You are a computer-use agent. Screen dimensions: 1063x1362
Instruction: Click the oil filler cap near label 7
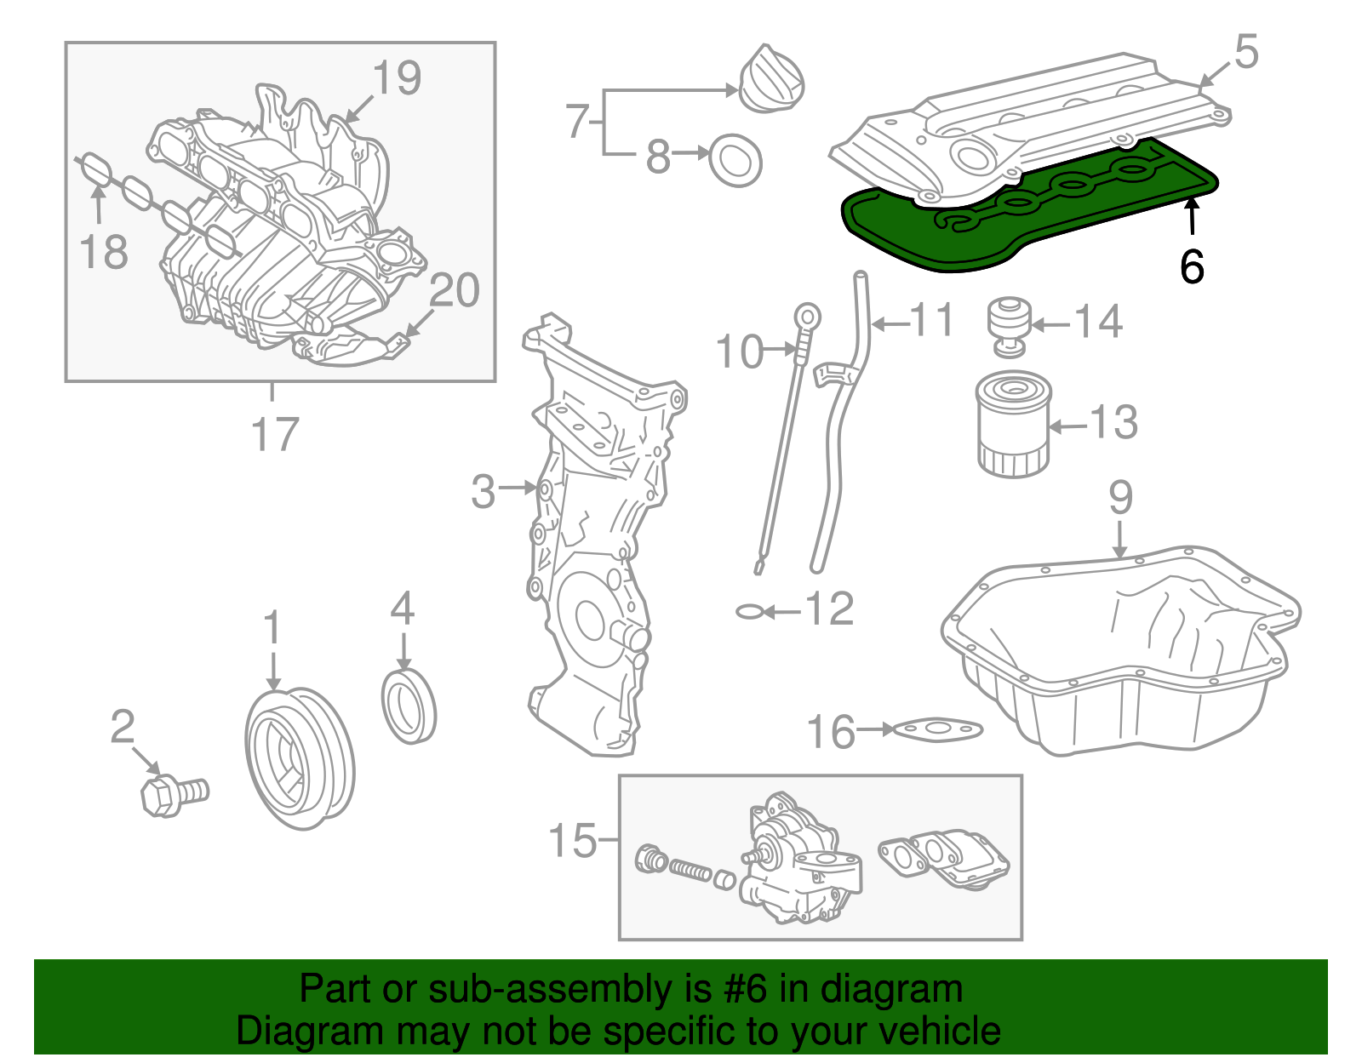770,78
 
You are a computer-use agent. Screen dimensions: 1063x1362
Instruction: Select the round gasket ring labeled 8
735,159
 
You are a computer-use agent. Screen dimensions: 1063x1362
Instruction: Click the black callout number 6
1192,266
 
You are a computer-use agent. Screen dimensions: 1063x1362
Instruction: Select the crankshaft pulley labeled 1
299,757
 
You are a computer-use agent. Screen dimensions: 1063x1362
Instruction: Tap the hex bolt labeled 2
170,793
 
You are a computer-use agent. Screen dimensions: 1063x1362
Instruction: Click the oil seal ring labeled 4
409,706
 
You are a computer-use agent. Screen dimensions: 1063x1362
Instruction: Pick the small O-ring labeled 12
749,611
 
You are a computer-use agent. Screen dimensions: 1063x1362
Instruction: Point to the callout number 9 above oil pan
1120,497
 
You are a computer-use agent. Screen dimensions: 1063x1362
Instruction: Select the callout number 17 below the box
275,434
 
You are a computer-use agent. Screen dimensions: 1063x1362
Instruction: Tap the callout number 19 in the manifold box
398,78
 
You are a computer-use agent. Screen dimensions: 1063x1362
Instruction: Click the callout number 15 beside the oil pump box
573,841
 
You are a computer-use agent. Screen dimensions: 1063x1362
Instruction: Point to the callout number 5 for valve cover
1245,53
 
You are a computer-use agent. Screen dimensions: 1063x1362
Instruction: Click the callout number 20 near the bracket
455,291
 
